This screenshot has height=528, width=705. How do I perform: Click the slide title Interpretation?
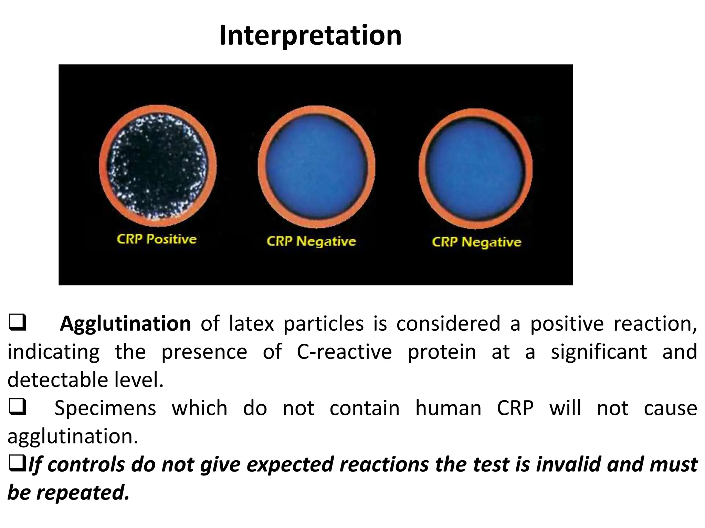coord(310,35)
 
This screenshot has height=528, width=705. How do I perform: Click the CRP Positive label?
coord(157,239)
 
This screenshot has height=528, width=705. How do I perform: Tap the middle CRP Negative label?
coord(311,241)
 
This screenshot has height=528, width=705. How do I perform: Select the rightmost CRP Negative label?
coord(476,242)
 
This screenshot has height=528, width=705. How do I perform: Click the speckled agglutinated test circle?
coord(158,166)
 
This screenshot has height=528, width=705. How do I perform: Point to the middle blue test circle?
coord(316,167)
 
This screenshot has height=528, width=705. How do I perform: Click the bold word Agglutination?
coord(125,324)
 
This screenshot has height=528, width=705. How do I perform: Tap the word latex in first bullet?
coord(251,324)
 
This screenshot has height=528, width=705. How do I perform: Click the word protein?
coord(442,352)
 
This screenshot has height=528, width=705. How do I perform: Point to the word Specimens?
coord(105,408)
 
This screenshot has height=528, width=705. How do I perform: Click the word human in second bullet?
coord(448,408)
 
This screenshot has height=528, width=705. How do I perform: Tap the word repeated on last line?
coord(83,493)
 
